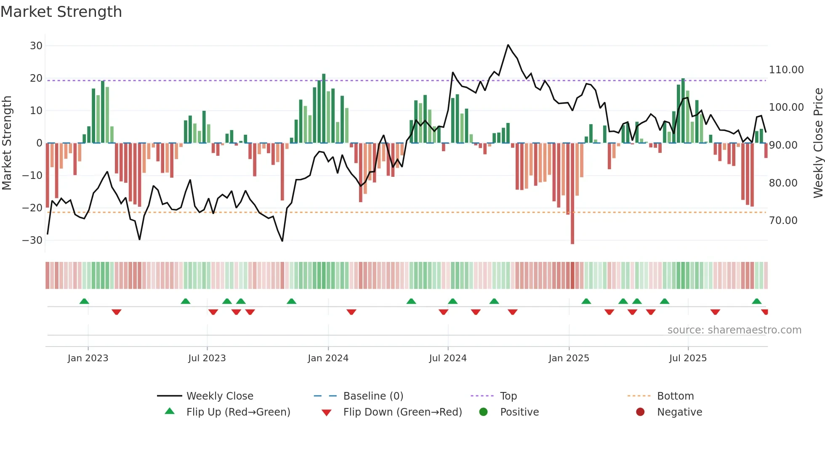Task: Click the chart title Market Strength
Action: (x=61, y=12)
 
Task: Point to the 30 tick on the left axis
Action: (x=36, y=46)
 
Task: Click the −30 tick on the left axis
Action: (x=32, y=240)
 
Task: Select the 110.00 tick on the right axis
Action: (x=786, y=70)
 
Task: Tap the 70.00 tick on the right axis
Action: (x=783, y=221)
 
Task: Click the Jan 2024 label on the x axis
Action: (x=328, y=358)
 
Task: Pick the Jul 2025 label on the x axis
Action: (x=688, y=358)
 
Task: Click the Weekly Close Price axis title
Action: (x=818, y=143)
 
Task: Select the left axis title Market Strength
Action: (x=7, y=143)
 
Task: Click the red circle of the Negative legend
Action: (x=640, y=412)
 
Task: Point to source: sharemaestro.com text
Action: (x=734, y=330)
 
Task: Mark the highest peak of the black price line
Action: (x=508, y=45)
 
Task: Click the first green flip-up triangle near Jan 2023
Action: (x=84, y=301)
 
